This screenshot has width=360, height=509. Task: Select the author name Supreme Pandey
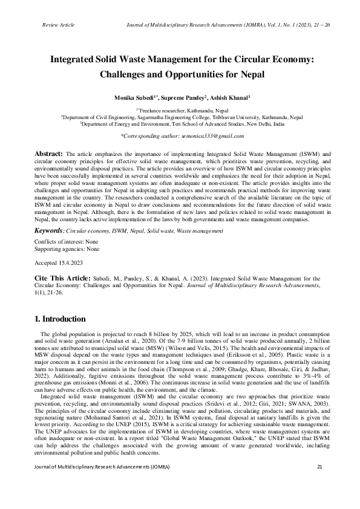click(x=182, y=97)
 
